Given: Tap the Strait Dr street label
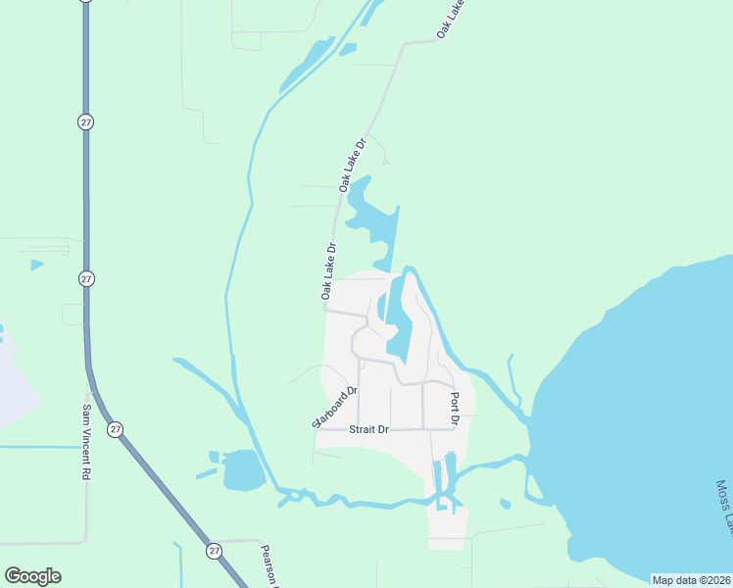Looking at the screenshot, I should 369,429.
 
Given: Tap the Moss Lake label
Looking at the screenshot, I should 723,509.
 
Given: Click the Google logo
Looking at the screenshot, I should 32,576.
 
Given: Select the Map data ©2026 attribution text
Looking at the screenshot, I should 691,580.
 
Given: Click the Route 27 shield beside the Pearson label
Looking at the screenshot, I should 214,551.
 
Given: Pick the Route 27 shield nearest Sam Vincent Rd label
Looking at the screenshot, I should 117,429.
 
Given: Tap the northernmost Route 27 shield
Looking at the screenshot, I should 85,121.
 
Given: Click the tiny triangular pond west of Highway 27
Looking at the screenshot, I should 36,265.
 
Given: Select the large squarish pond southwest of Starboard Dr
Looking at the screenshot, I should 243,471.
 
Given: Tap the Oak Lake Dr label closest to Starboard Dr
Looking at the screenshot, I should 328,270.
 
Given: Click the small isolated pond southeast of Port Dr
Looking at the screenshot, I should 505,504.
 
